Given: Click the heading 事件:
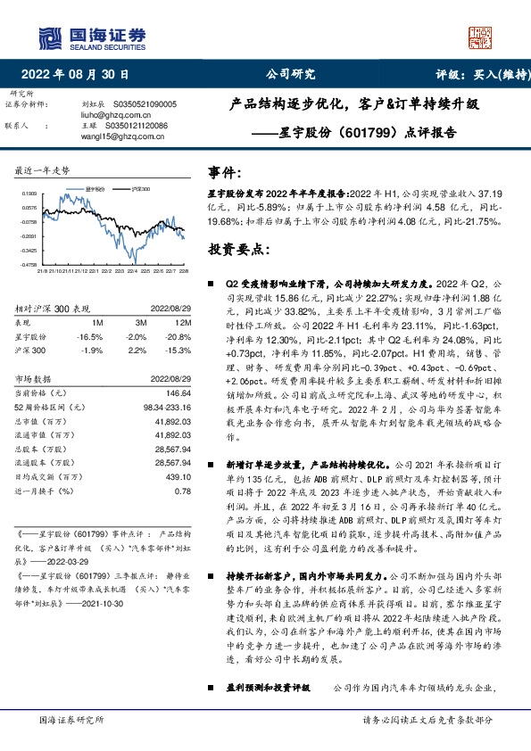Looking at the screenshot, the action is click(x=225, y=173).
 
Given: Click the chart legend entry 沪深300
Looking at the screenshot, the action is click(x=139, y=190).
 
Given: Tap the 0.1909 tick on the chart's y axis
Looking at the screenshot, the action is click(x=29, y=193).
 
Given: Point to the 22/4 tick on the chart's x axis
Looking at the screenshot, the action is click(x=131, y=269).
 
